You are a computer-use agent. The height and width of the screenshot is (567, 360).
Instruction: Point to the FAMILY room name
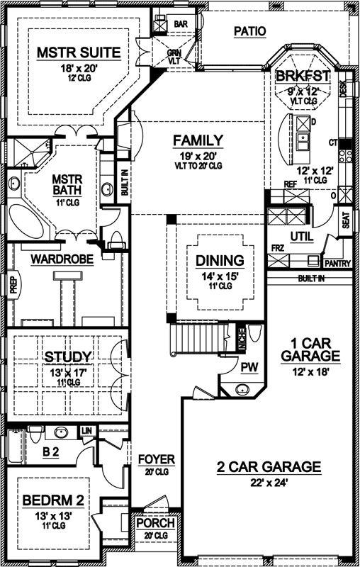[x=198, y=140]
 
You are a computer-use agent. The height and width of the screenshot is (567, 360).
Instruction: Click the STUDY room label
[x=69, y=356]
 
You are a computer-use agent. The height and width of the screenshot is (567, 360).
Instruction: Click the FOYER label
[x=157, y=459]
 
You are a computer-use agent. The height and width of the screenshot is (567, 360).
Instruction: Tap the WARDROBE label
[x=62, y=259]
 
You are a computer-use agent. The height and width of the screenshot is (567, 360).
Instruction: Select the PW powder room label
[x=248, y=367]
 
